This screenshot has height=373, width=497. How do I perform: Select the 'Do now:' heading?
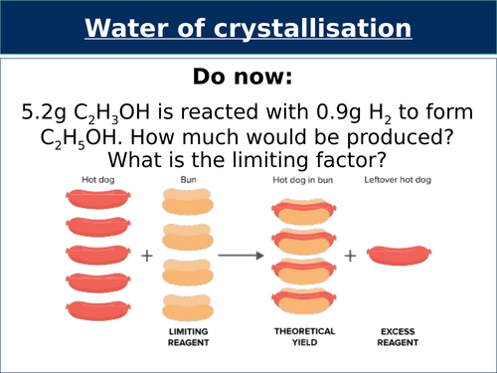(x=248, y=78)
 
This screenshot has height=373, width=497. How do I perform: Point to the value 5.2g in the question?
(x=48, y=112)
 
